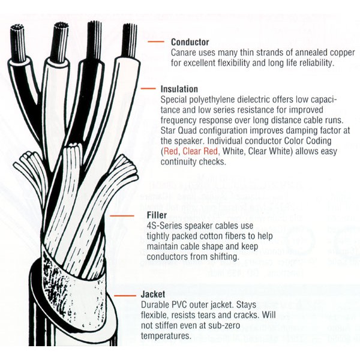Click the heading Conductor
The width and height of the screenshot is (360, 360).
(190, 42)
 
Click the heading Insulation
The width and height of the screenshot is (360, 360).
(179, 89)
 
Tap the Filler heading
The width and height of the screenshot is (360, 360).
(157, 215)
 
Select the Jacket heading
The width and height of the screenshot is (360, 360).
(153, 294)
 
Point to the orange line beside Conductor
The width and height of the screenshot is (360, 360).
(156, 41)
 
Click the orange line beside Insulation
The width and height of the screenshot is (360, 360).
(148, 88)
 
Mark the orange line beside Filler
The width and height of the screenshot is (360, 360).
(122, 216)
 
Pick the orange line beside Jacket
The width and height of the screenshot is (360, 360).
(125, 295)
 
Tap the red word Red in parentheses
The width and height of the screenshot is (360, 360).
(171, 151)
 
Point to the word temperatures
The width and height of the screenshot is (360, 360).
(166, 336)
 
